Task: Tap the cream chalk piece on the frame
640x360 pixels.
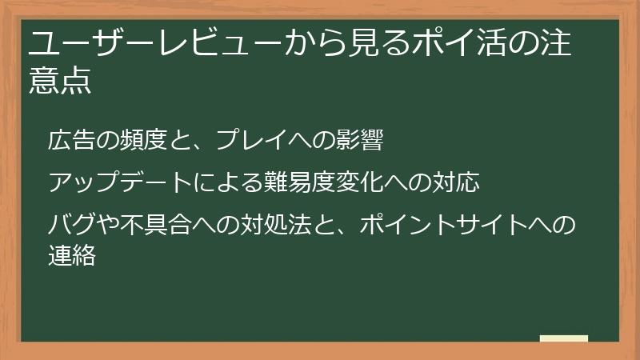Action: point(563,338)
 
